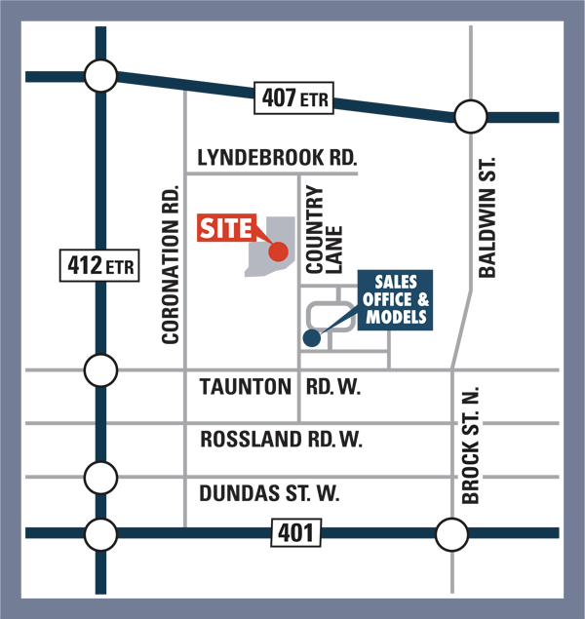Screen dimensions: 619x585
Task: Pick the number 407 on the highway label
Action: [278, 97]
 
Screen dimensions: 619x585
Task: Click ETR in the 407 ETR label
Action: [315, 98]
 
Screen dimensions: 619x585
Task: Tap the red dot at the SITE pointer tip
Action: [279, 251]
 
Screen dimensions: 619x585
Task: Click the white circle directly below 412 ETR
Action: [98, 370]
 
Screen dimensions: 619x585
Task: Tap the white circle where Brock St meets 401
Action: [451, 535]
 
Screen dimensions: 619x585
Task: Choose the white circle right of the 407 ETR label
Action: [470, 118]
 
